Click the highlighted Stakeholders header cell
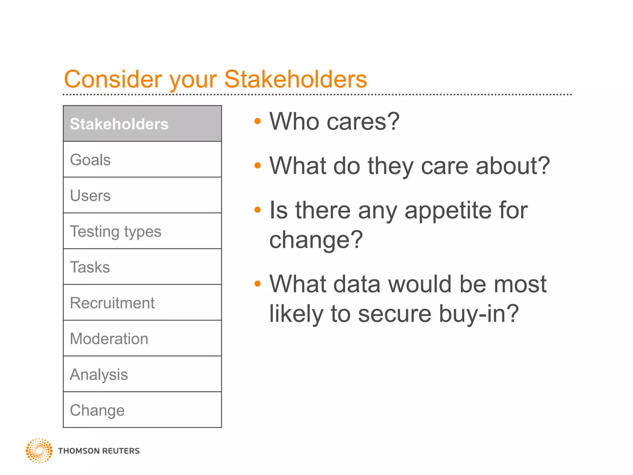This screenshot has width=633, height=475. click(142, 124)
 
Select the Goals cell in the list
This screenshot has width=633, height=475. click(142, 160)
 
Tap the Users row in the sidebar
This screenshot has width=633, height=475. click(142, 195)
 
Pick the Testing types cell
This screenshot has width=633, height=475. click(142, 231)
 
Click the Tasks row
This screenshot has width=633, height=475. click(142, 267)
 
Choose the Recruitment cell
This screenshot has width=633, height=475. click(142, 303)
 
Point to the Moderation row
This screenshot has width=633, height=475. click(142, 338)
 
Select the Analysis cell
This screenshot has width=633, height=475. click(142, 374)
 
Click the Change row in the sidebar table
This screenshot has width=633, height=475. click(142, 410)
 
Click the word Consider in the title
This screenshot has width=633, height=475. click(113, 79)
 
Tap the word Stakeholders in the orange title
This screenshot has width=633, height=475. click(295, 79)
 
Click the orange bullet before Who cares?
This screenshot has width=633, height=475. click(257, 121)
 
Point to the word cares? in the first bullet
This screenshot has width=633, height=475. click(363, 122)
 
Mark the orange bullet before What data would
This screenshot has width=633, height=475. click(257, 284)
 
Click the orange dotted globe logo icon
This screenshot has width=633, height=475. click(39, 451)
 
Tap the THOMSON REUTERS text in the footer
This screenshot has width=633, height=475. click(99, 451)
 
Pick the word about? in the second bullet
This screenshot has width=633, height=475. click(513, 166)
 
